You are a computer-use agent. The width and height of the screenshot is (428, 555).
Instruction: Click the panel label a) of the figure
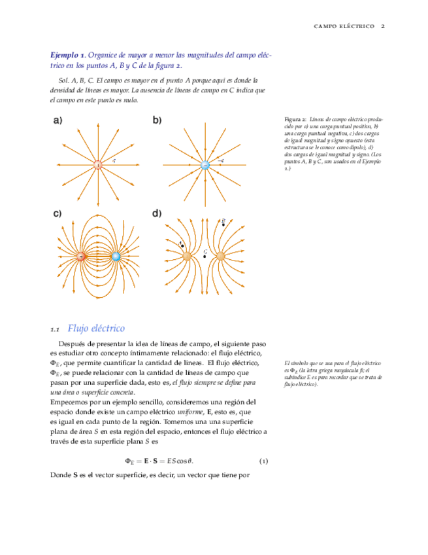pyautogui.click(x=58, y=120)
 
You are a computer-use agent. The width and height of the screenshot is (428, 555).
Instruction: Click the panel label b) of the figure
pyautogui.click(x=157, y=120)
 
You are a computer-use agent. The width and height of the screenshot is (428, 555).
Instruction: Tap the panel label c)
pyautogui.click(x=58, y=214)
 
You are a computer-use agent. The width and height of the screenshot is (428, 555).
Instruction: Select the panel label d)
pyautogui.click(x=157, y=214)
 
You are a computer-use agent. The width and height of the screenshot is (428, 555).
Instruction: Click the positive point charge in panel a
pyautogui.click(x=98, y=165)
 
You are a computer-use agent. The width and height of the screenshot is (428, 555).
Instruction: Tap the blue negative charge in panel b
pyautogui.click(x=205, y=165)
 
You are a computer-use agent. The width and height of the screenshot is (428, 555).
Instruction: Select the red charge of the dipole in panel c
pyautogui.click(x=82, y=257)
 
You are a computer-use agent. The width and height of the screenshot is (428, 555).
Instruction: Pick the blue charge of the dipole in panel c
pyautogui.click(x=116, y=257)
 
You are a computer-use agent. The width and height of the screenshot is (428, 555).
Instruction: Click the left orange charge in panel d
pyautogui.click(x=187, y=256)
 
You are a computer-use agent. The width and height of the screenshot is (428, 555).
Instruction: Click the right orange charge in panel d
pyautogui.click(x=221, y=256)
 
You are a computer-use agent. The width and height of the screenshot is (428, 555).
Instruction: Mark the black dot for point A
pyautogui.click(x=183, y=246)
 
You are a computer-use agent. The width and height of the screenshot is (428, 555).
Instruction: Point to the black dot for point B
pyautogui.click(x=223, y=224)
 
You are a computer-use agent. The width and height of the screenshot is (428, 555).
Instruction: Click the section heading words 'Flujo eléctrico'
pyautogui.click(x=96, y=328)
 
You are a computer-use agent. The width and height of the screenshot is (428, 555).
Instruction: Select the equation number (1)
pyautogui.click(x=263, y=461)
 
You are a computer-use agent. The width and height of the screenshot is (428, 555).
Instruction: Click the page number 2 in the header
pyautogui.click(x=383, y=26)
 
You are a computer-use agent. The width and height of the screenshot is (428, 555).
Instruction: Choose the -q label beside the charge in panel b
pyautogui.click(x=220, y=160)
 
